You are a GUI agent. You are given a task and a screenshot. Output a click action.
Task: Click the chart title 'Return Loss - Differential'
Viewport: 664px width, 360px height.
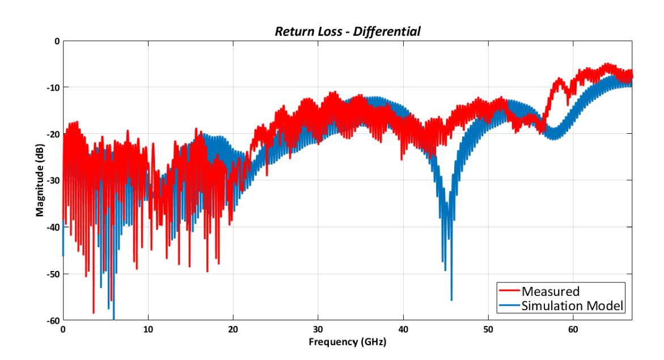coord(348,32)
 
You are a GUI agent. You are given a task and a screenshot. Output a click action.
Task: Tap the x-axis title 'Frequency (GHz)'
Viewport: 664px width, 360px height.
coord(347,342)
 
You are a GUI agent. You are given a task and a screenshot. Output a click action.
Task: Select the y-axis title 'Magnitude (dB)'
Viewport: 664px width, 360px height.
coord(40,180)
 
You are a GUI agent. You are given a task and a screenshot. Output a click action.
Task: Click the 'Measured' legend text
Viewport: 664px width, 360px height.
coord(550,291)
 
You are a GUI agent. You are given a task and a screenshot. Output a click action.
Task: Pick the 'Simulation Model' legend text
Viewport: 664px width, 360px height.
coord(573,306)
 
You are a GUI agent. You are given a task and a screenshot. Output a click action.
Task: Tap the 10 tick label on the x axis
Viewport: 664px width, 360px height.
coord(148,329)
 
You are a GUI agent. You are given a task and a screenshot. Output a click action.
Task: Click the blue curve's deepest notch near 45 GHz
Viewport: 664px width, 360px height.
coord(451,299)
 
